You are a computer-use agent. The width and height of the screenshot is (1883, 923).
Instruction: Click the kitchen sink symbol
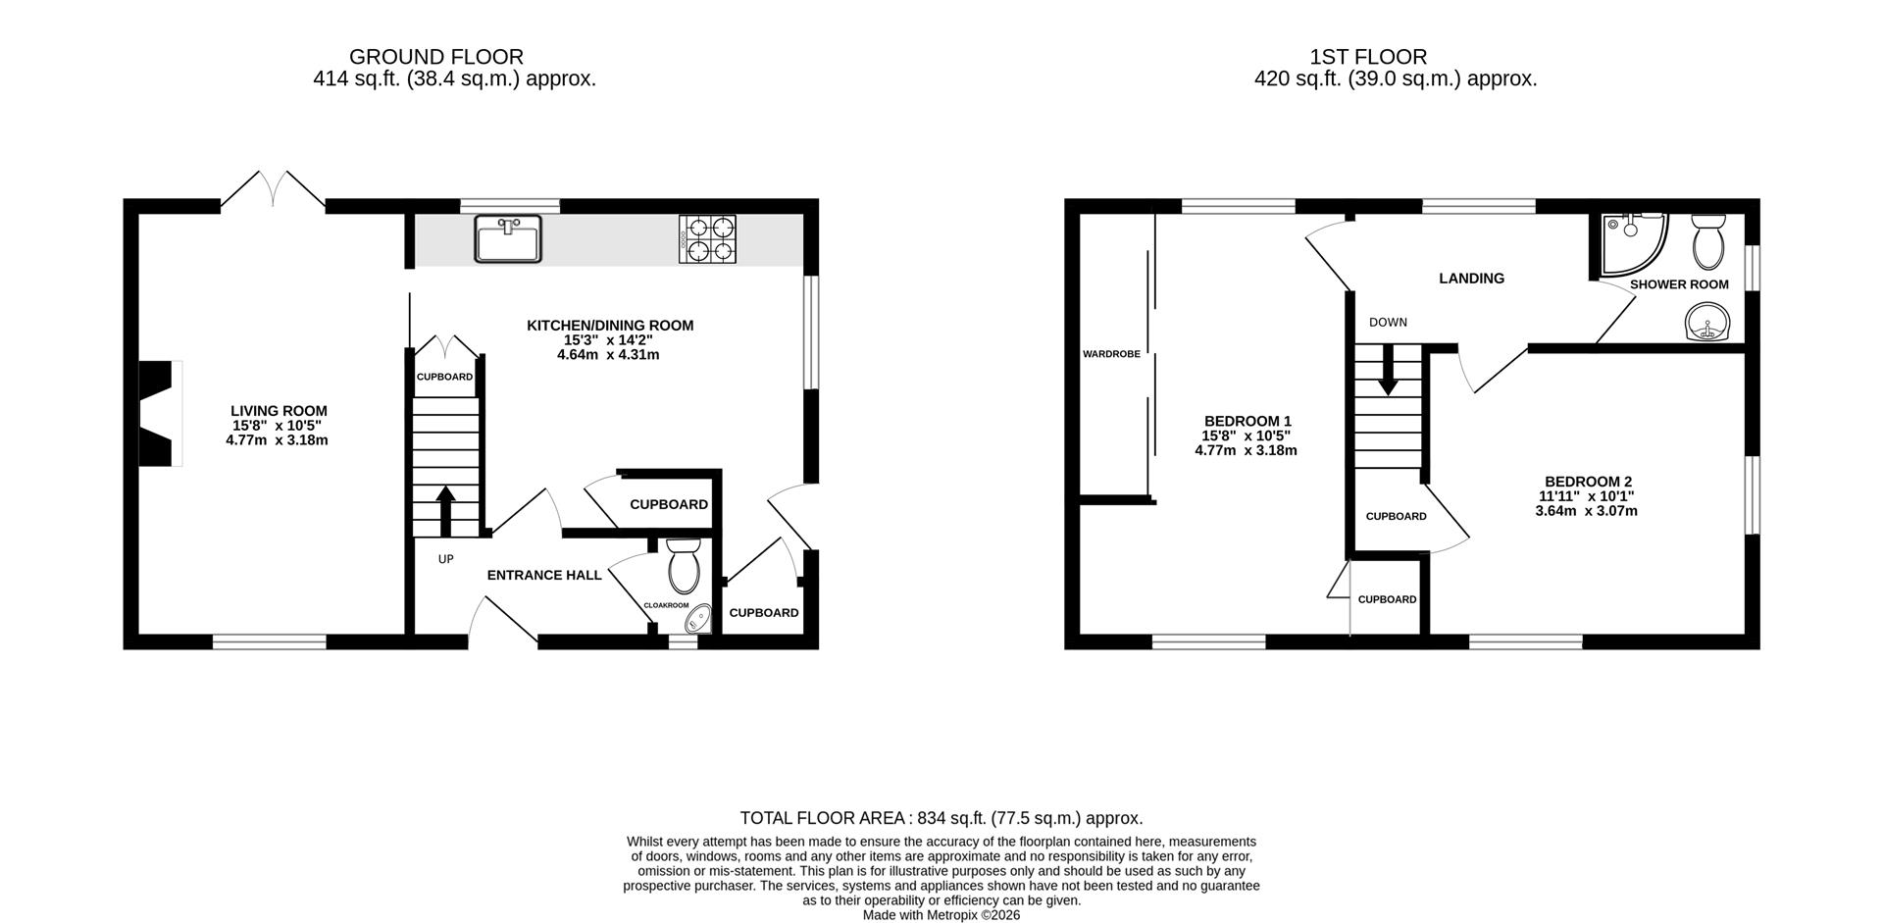(508, 238)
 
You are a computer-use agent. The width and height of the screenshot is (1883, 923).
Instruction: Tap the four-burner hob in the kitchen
(707, 239)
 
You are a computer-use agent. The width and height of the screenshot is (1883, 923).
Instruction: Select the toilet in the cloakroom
(682, 566)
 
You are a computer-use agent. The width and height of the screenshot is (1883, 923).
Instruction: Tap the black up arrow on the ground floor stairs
(445, 509)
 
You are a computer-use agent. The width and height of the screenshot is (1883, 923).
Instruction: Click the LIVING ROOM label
(279, 411)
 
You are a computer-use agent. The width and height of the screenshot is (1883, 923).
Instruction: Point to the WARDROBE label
(1111, 354)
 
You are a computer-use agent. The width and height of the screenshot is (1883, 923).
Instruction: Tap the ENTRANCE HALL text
(544, 575)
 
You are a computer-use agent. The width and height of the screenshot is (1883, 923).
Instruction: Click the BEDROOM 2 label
(1588, 482)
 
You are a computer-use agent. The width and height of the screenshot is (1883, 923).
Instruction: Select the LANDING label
(1471, 279)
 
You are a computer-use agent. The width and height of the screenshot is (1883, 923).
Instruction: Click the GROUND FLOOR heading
(436, 57)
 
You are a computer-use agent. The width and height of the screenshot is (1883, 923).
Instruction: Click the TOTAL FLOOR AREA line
(941, 818)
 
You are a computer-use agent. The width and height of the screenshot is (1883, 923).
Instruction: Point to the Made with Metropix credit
(941, 914)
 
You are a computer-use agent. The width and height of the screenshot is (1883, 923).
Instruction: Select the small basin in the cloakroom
(698, 619)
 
